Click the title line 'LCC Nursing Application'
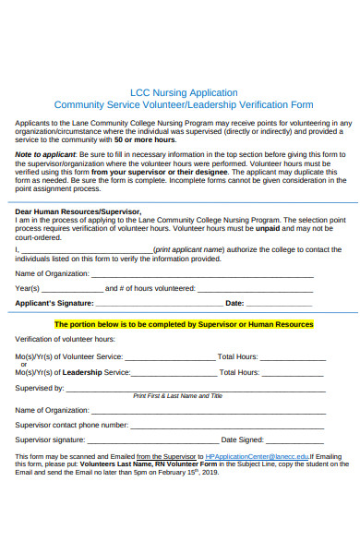coord(183,92)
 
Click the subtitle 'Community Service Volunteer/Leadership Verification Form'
coord(183,105)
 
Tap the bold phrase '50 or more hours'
coord(147,139)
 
